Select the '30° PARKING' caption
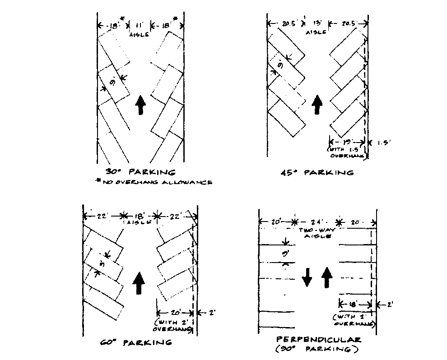click(x=140, y=172)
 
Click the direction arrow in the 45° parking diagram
click(x=317, y=105)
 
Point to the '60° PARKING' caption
click(x=136, y=342)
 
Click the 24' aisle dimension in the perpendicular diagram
click(x=317, y=222)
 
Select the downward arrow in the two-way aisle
click(x=307, y=277)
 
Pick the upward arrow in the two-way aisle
click(x=326, y=277)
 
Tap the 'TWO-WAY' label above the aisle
click(x=317, y=230)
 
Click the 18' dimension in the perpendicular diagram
click(x=354, y=305)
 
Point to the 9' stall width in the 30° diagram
click(x=112, y=83)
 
